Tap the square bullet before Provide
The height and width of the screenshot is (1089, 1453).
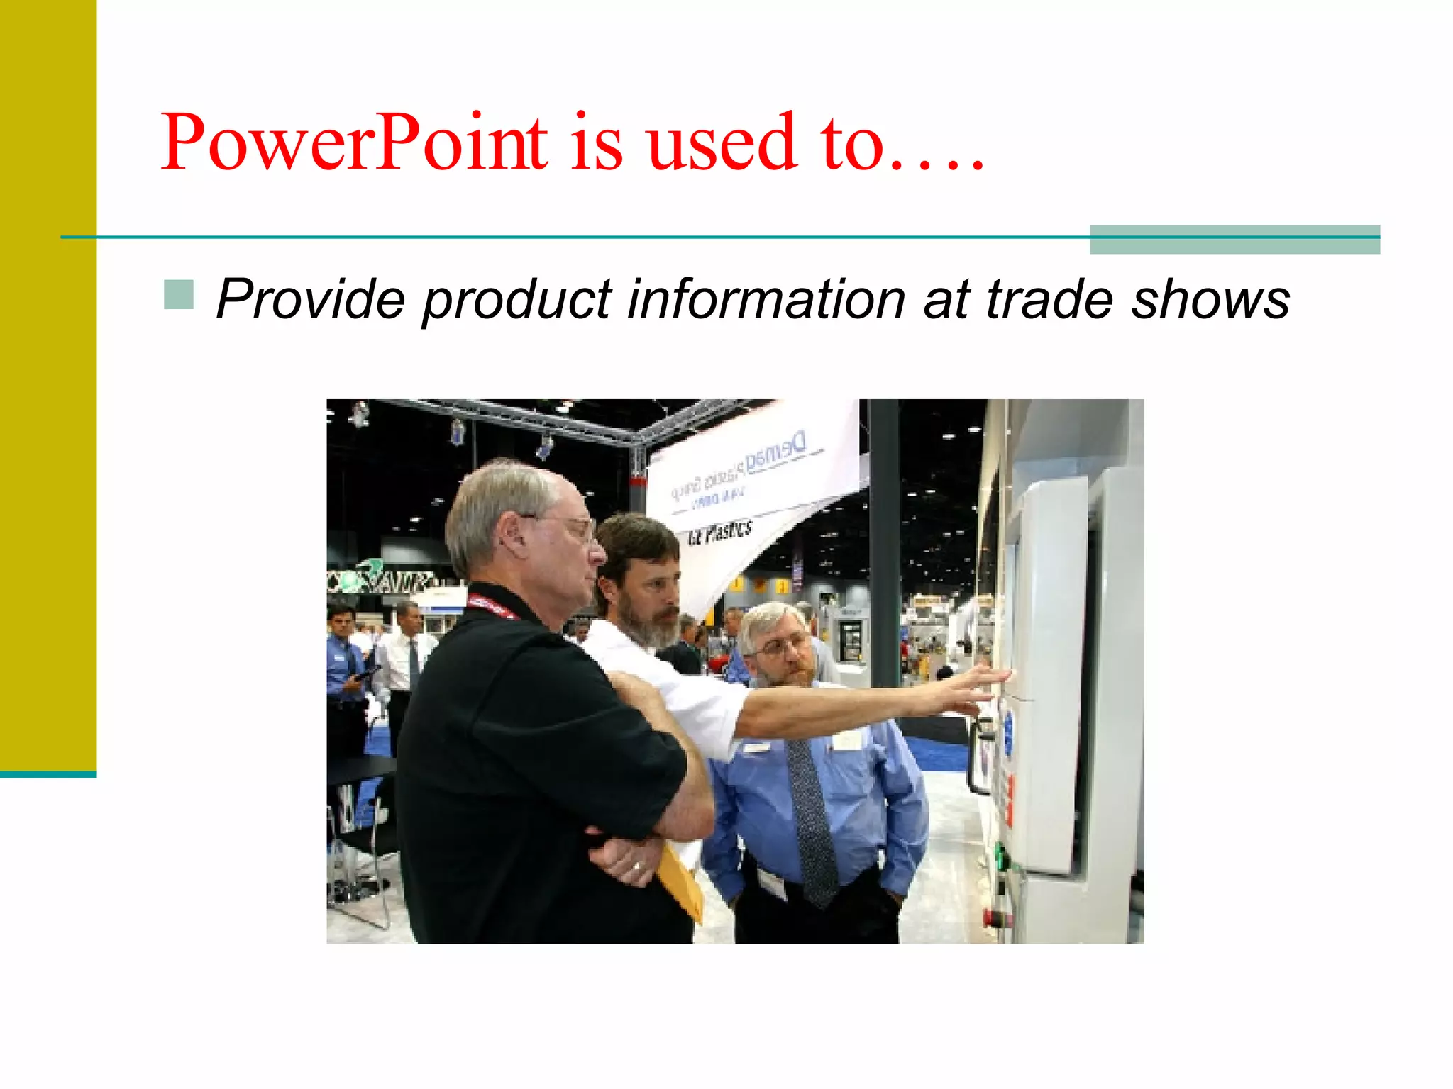click(x=178, y=295)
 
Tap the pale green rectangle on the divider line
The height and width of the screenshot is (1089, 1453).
click(x=1234, y=240)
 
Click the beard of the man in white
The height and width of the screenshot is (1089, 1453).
click(x=653, y=627)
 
